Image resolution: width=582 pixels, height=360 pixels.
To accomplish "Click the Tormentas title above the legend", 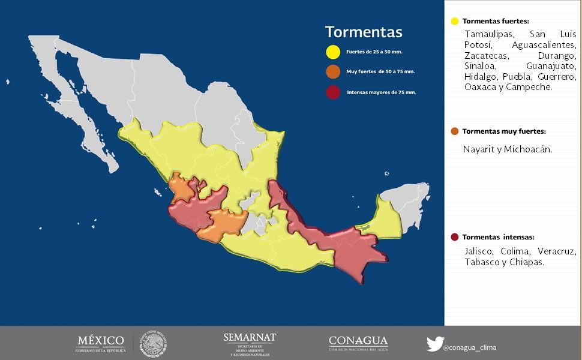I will click(x=364, y=32).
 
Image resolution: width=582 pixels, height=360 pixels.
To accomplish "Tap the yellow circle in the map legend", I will click(x=333, y=52).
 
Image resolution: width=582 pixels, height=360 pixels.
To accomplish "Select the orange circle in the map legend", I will click(x=333, y=71).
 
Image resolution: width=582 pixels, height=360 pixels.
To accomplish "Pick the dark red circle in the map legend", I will click(x=333, y=92).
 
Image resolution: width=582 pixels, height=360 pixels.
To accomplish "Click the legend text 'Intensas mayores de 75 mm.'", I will click(x=382, y=92).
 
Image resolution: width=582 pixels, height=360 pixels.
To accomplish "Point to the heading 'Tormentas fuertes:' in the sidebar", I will click(x=496, y=21).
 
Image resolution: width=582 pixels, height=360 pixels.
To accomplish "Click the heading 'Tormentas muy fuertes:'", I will click(x=504, y=131).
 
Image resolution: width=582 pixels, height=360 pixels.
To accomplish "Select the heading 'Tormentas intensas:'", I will click(x=498, y=237).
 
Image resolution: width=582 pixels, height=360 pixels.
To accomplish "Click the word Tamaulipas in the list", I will click(x=488, y=34).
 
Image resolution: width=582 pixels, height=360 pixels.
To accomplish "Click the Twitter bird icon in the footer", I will click(x=435, y=344).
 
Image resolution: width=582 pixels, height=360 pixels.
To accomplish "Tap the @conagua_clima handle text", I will click(x=470, y=347).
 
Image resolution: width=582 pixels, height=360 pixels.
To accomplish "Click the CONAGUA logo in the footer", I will click(x=358, y=343).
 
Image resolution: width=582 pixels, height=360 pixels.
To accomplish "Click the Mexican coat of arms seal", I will click(x=154, y=344).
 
